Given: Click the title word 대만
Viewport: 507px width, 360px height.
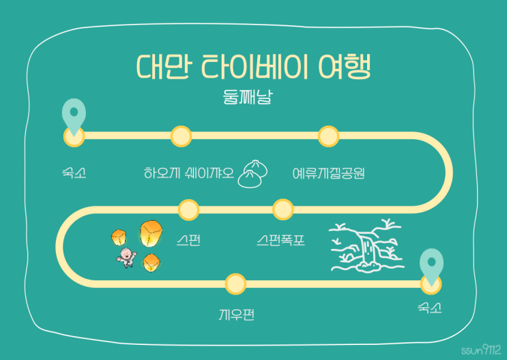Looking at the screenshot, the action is [x=164, y=67].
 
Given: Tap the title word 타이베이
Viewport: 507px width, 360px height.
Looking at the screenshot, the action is [x=254, y=67].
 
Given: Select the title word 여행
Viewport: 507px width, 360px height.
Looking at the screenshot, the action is [x=345, y=67].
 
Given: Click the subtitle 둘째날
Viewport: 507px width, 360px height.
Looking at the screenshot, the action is [x=248, y=97].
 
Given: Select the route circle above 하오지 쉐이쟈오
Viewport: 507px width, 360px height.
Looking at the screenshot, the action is [x=181, y=136].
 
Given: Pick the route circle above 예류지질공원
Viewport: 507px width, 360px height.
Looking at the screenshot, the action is [x=328, y=136].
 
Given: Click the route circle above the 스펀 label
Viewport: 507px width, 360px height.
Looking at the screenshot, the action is [x=188, y=210].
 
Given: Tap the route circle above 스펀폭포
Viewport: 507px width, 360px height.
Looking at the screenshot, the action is [x=283, y=209].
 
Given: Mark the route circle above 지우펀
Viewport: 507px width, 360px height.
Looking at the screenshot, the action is [x=235, y=284].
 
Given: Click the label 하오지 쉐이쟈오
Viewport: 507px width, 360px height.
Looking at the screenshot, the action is [x=189, y=173].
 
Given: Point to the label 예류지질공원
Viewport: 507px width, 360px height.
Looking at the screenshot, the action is [x=329, y=173].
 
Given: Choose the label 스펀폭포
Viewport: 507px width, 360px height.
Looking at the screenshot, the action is [x=280, y=240].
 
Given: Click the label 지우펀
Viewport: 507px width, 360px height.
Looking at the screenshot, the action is [x=236, y=314].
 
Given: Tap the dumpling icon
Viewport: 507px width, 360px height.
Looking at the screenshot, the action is [x=252, y=174].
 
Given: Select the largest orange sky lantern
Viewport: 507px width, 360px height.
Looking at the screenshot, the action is [x=151, y=233].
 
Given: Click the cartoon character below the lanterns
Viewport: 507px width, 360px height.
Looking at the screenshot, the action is [x=127, y=258].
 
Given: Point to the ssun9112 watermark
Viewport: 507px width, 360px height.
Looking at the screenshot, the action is [x=481, y=349].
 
